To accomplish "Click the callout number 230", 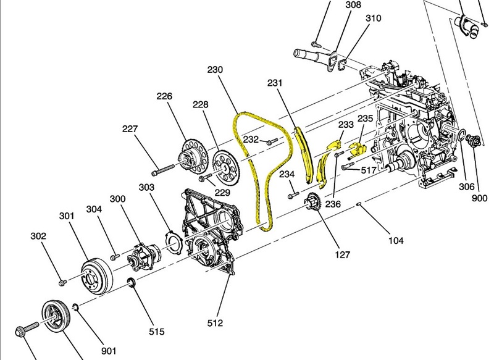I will pyautogui.click(x=216, y=70).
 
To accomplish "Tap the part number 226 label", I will pyautogui.click(x=164, y=97).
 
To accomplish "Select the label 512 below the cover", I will pyautogui.click(x=214, y=322).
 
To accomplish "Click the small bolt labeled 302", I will pyautogui.click(x=62, y=282).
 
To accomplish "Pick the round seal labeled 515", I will pyautogui.click(x=131, y=283).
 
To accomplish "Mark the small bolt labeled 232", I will pyautogui.click(x=270, y=142).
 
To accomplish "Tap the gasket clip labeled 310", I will pyautogui.click(x=342, y=62).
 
